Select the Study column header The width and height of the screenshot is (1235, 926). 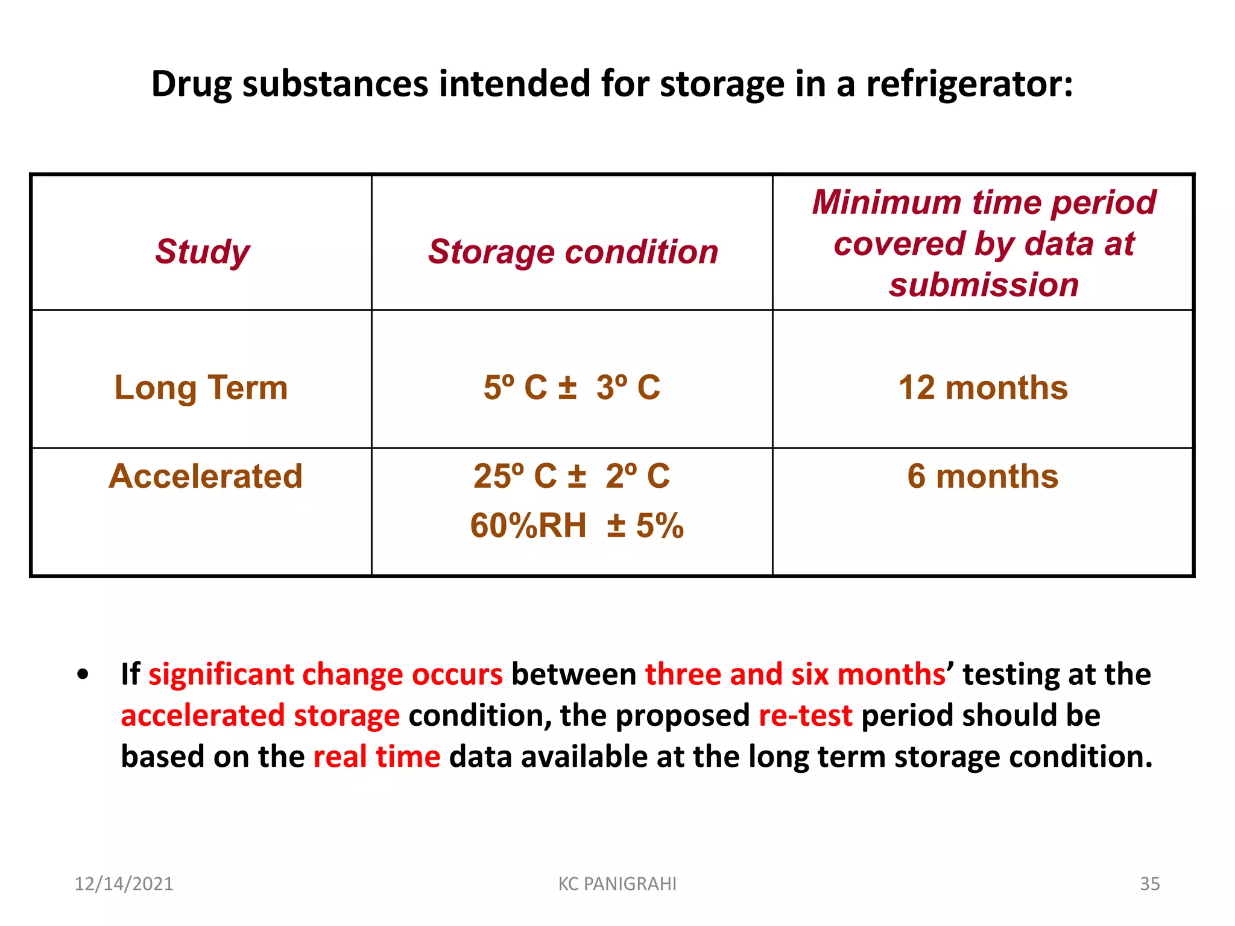[x=202, y=251]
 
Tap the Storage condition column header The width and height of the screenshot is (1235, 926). [x=573, y=251]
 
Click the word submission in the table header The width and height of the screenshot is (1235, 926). [x=984, y=285]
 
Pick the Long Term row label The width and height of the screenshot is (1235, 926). [x=201, y=387]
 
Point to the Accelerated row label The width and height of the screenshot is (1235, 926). [x=206, y=476]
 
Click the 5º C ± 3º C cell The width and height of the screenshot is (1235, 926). [x=572, y=387]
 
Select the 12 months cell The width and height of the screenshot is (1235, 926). [x=983, y=387]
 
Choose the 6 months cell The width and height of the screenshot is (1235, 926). [x=983, y=476]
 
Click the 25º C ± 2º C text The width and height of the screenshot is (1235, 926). [x=572, y=476]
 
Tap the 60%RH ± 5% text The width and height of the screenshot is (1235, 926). [x=576, y=525]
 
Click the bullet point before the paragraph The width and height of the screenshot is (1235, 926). [x=83, y=675]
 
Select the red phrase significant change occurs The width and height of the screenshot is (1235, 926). [x=326, y=675]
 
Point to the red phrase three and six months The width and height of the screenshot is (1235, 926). [x=795, y=675]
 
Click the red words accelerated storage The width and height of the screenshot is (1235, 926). [x=260, y=716]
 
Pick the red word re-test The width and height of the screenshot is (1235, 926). [x=806, y=716]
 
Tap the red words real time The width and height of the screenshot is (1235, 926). [x=377, y=757]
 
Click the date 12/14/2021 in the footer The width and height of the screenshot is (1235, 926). [x=124, y=884]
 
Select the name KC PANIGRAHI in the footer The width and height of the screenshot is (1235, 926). [x=617, y=884]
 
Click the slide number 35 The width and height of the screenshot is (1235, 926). [x=1149, y=884]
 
